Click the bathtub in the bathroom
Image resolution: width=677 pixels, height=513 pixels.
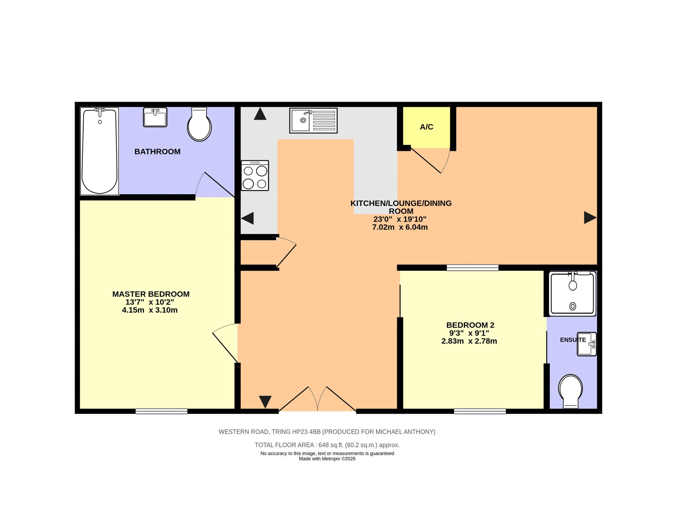tap(99, 151)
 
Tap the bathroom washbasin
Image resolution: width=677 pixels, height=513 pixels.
tap(155, 117)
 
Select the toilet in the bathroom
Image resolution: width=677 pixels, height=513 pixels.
tap(199, 124)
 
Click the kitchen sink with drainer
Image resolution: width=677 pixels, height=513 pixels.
tap(313, 120)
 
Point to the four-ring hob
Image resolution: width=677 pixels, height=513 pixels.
tap(255, 175)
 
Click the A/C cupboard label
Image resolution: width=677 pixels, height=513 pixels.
tap(426, 127)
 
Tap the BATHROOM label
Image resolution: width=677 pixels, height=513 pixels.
tap(157, 152)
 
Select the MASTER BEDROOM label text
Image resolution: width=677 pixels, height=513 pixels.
tap(151, 294)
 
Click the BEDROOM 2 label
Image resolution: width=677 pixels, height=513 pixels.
tap(470, 325)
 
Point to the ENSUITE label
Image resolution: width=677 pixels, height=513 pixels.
tap(573, 340)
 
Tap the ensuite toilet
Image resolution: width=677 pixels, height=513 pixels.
tap(570, 391)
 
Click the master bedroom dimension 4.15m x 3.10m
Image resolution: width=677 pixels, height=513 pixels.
tap(150, 310)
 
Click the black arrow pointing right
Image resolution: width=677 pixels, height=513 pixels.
tap(590, 218)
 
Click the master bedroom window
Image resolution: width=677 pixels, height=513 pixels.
tap(161, 411)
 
